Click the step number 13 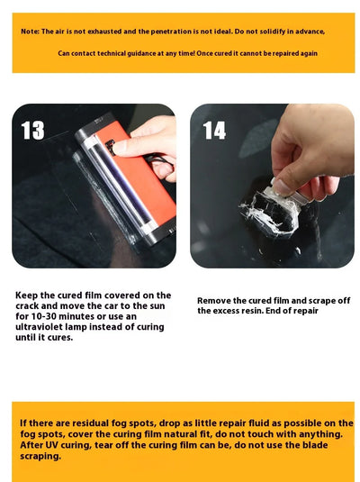pyautogui.click(x=32, y=132)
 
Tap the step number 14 pyautogui.click(x=214, y=132)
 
